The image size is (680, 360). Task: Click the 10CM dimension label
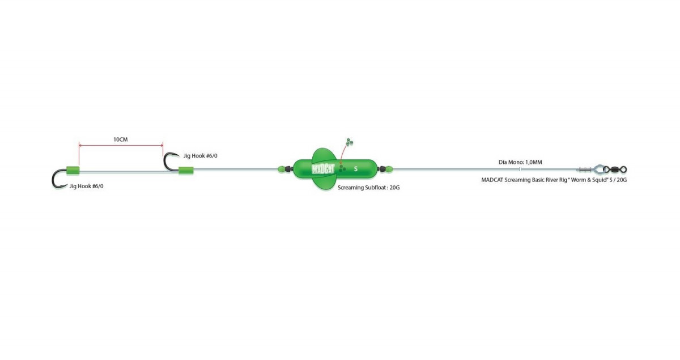[121, 139]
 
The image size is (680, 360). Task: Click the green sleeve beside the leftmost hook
[73, 171]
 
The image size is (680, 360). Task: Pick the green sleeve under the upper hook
[186, 171]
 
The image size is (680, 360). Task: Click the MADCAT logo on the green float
[323, 169]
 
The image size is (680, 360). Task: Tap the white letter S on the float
[356, 169]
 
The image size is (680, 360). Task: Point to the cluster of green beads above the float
[350, 142]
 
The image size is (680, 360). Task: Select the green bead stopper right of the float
[389, 169]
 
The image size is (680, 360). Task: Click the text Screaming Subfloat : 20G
[368, 188]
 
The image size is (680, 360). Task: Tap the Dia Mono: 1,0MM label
[520, 162]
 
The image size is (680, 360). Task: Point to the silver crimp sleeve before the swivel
[585, 169]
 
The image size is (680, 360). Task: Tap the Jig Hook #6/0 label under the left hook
[86, 186]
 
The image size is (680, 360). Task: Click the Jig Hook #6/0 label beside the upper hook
[201, 156]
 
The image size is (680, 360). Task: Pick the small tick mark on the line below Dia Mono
[520, 169]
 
